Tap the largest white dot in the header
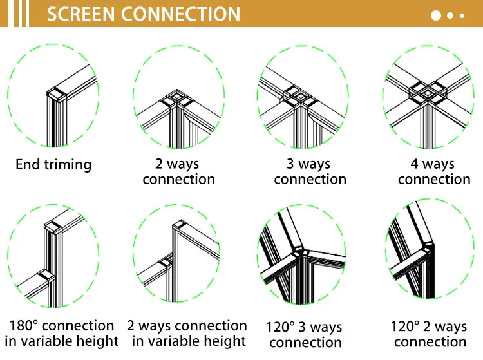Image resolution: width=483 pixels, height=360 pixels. [x=437, y=15]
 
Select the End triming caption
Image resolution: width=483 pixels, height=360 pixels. [x=53, y=165]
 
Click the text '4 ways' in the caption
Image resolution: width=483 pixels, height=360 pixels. [x=433, y=164]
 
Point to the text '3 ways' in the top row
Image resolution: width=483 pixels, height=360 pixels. [x=308, y=164]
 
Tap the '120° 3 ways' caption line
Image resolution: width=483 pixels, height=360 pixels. [x=304, y=327]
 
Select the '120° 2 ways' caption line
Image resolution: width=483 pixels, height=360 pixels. [x=429, y=327]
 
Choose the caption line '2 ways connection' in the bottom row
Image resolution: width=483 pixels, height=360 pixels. [x=187, y=326]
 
